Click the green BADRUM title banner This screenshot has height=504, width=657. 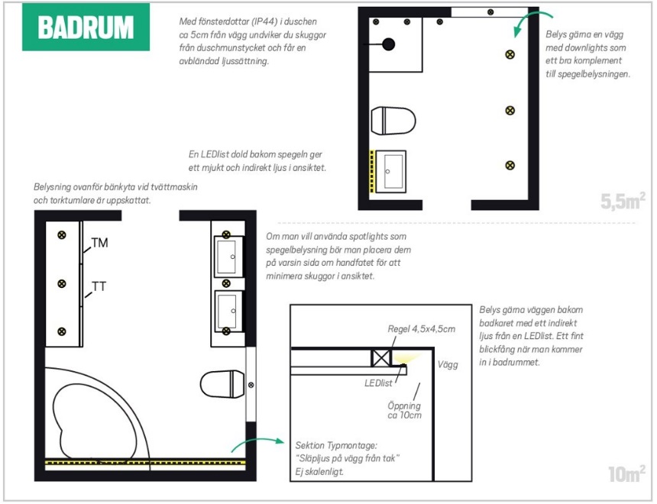pos(86,27)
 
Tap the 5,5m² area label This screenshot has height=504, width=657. pos(623,201)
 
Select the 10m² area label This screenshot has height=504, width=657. pos(627,473)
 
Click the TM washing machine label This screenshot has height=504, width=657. pos(100,243)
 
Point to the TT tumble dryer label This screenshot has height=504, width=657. pos(99,286)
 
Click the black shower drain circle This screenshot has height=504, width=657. pos(388,44)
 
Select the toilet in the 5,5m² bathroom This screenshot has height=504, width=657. pos(393,121)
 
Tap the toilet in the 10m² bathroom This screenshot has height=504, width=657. pos(222,384)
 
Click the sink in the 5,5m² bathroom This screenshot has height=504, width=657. pos(391,171)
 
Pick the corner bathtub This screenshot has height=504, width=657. pos(97,413)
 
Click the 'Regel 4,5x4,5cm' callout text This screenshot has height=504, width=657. pos(421,329)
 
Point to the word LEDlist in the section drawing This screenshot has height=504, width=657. pos(378,383)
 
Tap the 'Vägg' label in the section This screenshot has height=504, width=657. pos(448,364)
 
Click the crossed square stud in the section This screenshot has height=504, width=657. pos(381,358)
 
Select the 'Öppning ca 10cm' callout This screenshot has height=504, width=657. pos(404,411)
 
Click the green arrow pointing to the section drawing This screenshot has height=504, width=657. pos(257,443)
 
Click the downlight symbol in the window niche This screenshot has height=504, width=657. pos(490,12)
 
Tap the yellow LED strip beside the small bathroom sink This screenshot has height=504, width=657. pos(371,171)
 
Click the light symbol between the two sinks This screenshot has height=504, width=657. pos(226,283)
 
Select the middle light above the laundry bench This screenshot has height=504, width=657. pos(62,283)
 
